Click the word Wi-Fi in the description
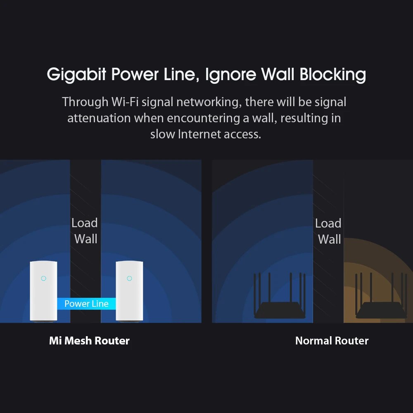[x=124, y=102]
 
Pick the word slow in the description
[x=163, y=134]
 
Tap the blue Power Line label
[x=86, y=304]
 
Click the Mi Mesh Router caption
[x=89, y=341]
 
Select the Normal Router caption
[x=332, y=341]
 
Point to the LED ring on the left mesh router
[x=43, y=278]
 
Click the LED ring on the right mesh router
[x=129, y=278]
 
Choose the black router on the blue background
[x=280, y=306]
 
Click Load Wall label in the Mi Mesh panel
[x=85, y=231]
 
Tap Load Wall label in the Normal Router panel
[x=329, y=231]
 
